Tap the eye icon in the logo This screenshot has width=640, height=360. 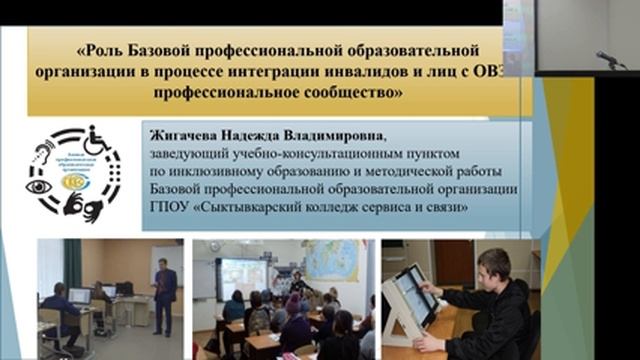pyautogui.click(x=41, y=186)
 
